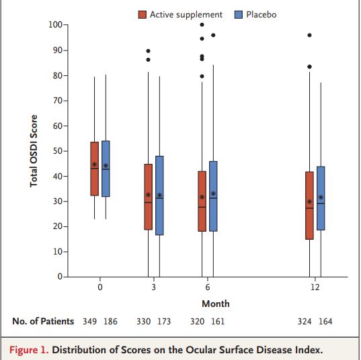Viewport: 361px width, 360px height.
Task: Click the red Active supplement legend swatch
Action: (142, 15)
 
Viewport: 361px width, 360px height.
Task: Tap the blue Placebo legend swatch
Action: (238, 15)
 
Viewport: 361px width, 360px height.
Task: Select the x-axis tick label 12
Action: (315, 287)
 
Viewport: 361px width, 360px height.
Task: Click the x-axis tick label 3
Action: (154, 287)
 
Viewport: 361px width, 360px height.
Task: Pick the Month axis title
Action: (216, 304)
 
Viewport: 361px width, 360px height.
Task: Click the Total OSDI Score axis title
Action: (34, 151)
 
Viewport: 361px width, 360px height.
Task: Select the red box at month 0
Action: (94, 169)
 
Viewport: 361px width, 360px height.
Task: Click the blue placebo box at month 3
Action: (159, 195)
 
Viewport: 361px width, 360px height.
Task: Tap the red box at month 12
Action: (309, 206)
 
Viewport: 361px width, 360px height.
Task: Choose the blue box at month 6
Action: (213, 196)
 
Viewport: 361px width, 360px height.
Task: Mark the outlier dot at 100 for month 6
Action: (202, 25)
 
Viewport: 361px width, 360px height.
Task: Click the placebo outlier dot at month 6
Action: (213, 35)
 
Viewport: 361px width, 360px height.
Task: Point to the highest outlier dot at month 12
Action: (309, 35)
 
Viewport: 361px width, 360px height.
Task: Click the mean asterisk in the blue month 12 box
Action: (321, 197)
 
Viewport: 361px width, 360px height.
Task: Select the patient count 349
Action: (89, 321)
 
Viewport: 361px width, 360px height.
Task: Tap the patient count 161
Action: (218, 321)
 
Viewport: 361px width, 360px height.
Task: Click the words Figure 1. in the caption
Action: (29, 350)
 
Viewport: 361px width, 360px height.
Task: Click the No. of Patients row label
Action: (43, 321)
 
